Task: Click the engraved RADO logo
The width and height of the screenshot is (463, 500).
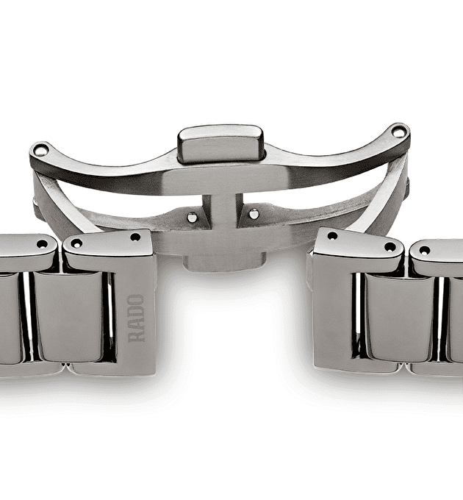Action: point(136,318)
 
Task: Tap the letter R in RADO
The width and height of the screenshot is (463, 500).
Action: point(136,335)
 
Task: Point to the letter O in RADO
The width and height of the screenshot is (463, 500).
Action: point(136,301)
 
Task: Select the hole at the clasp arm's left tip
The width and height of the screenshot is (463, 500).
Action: point(40,150)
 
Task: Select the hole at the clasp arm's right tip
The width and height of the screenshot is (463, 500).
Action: point(398,132)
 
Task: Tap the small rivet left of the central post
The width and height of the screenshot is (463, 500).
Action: point(193,217)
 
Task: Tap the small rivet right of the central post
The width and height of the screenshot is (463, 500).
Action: point(254,214)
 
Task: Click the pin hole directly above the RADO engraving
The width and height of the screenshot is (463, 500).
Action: point(135,237)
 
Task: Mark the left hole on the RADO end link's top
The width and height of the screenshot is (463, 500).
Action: point(76,243)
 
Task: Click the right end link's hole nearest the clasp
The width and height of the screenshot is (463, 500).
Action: point(332,236)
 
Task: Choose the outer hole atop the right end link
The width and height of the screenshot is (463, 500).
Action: point(389,246)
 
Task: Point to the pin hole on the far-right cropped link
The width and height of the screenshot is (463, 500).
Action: point(424,250)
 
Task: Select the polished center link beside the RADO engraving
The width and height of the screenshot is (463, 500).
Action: point(70,316)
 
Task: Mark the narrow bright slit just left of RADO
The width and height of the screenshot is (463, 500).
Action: point(111,316)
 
